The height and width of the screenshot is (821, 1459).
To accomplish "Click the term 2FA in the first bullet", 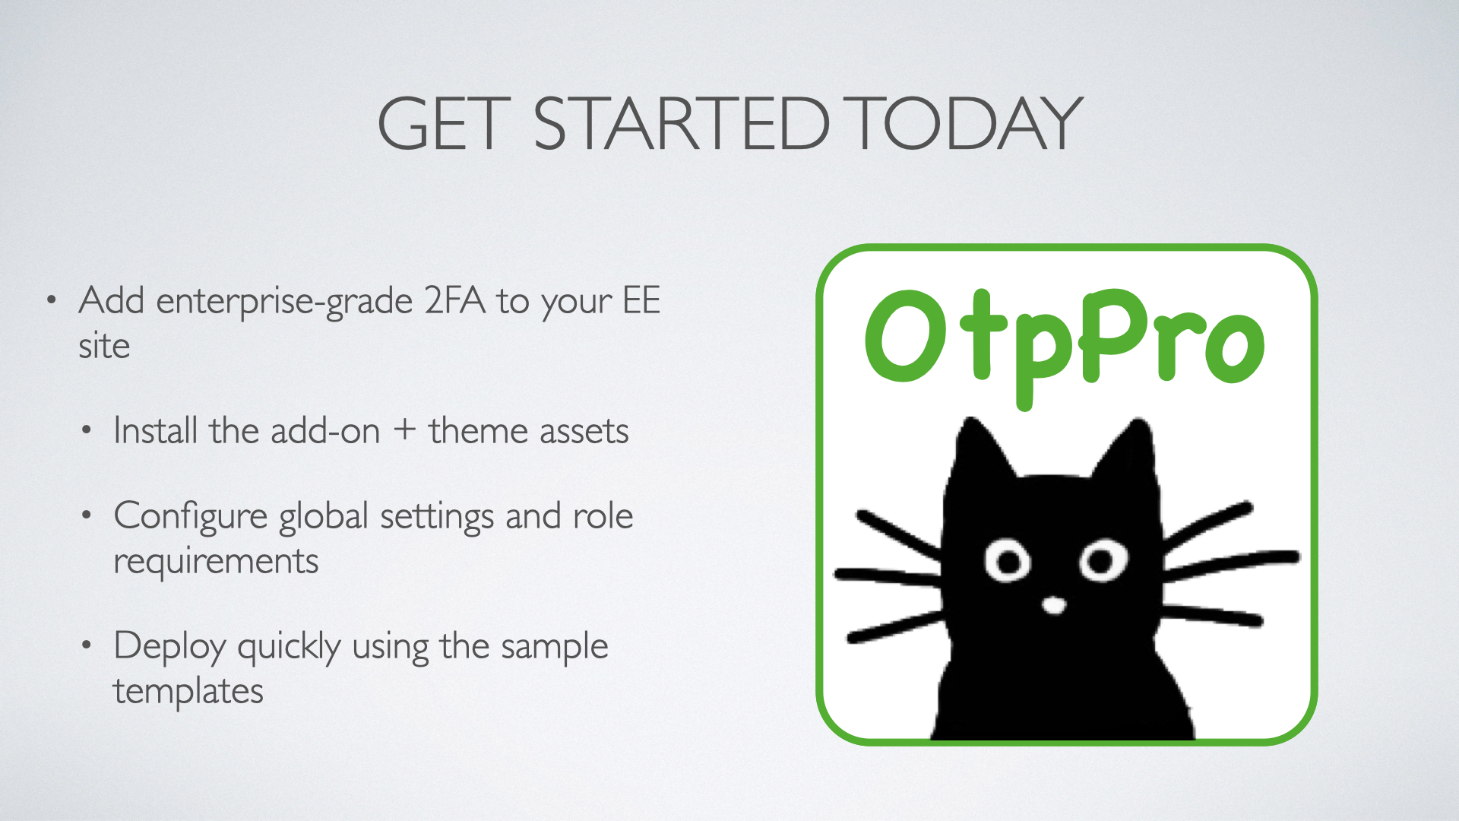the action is [x=454, y=300].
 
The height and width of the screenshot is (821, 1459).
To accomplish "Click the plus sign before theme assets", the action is [x=404, y=430].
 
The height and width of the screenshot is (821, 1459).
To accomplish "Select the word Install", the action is [x=156, y=430].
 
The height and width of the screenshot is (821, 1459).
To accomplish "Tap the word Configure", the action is [x=190, y=518].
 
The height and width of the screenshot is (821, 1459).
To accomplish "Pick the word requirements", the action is [x=216, y=563].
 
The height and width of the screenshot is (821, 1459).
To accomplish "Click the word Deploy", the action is [x=170, y=648].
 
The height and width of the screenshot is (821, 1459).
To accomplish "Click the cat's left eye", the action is [x=1008, y=562].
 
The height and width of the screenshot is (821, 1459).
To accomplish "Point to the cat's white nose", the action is [x=1054, y=605].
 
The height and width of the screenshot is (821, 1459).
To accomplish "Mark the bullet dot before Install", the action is [x=87, y=431].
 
